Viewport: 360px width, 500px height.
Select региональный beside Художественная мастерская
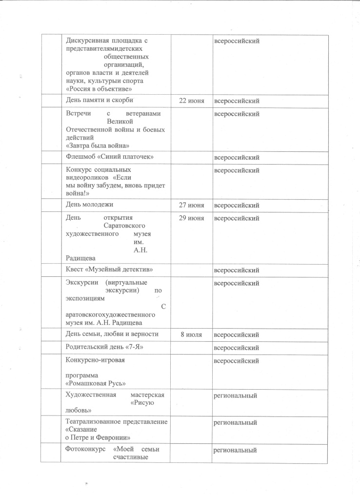pyautogui.click(x=236, y=396)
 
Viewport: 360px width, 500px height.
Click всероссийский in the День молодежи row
pyautogui.click(x=237, y=205)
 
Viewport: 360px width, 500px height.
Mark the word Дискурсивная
pyautogui.click(x=86, y=41)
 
